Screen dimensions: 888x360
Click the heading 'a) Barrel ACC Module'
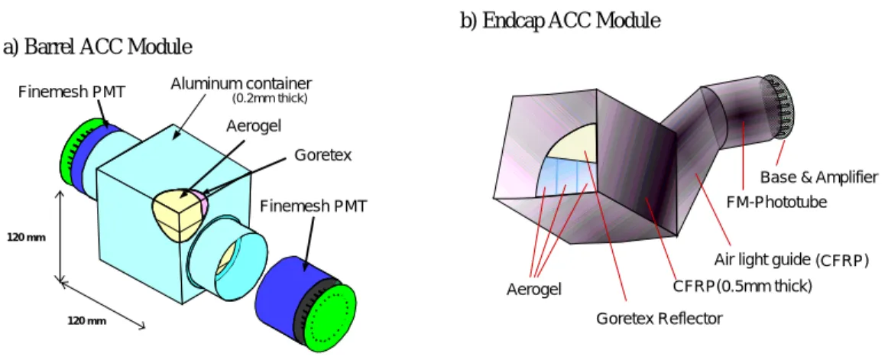(x=97, y=47)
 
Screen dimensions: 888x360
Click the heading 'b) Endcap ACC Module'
(x=560, y=21)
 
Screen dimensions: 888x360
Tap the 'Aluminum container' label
(x=241, y=84)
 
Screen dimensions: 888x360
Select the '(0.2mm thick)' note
(x=270, y=99)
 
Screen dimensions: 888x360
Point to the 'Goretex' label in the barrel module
(x=322, y=154)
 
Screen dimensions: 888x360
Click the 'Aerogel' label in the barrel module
(x=254, y=125)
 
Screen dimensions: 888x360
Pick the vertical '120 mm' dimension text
(x=26, y=238)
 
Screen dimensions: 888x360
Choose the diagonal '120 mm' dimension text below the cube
(x=87, y=321)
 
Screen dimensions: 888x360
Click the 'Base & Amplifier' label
(x=819, y=178)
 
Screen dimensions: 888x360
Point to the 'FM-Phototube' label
(x=776, y=201)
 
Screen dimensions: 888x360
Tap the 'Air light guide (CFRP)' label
(x=791, y=261)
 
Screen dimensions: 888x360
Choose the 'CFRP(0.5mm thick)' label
(x=742, y=287)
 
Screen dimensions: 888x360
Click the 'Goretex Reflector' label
(x=660, y=319)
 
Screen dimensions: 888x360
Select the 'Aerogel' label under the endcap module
(x=534, y=289)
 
